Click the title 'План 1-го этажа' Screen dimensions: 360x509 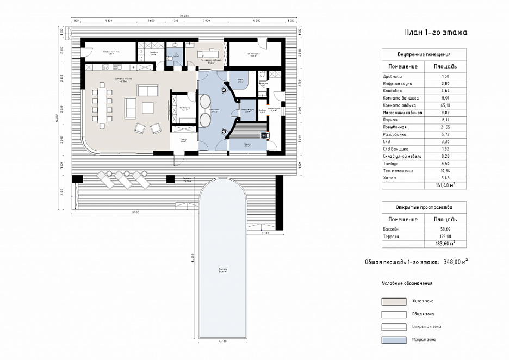pyautogui.click(x=435, y=33)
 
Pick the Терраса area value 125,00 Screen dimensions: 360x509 pyautogui.click(x=444, y=237)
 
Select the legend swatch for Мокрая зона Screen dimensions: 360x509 pyautogui.click(x=394, y=340)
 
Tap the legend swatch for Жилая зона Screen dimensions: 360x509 pyautogui.click(x=394, y=301)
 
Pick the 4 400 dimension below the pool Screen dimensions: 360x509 pyautogui.click(x=223, y=341)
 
